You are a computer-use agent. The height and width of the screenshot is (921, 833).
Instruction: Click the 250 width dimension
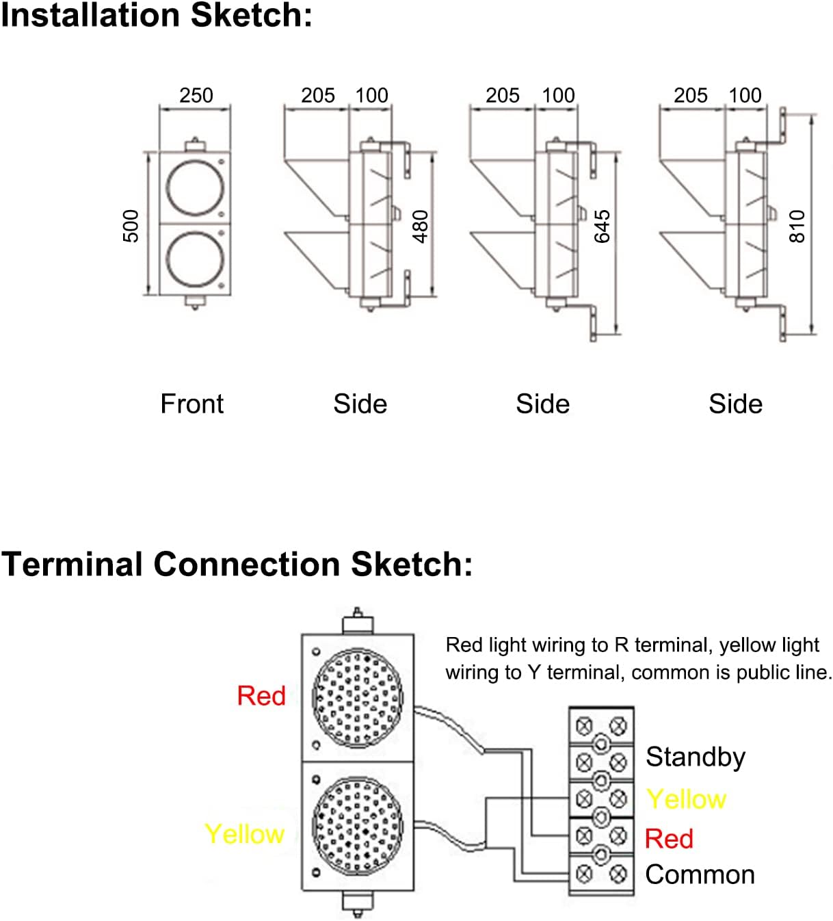(196, 95)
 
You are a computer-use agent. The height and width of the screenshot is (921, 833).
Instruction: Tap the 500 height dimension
(130, 226)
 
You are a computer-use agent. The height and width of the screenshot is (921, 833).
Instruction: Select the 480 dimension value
(420, 226)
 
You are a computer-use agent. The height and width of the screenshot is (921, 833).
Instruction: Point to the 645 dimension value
(602, 226)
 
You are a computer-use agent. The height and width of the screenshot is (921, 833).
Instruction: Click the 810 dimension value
(797, 226)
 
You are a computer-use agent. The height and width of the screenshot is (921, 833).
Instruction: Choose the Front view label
(191, 404)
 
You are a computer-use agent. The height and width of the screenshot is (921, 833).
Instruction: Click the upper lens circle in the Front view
(195, 186)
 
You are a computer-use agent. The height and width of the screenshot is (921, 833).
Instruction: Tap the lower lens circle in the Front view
(195, 259)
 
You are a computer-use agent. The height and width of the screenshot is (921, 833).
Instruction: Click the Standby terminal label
(695, 757)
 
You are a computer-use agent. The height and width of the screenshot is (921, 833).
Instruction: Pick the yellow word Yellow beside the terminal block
(686, 799)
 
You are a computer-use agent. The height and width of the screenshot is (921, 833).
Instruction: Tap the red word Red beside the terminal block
(669, 838)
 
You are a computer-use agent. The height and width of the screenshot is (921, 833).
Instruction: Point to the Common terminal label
(700, 874)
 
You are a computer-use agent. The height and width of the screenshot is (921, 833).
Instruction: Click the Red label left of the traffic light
(261, 696)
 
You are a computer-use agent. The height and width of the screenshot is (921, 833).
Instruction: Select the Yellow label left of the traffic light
(244, 834)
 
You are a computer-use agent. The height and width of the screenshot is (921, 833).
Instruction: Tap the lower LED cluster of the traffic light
(358, 825)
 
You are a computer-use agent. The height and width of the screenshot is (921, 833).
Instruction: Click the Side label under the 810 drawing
(735, 404)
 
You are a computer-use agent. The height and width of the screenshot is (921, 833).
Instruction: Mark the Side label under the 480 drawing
(360, 404)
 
